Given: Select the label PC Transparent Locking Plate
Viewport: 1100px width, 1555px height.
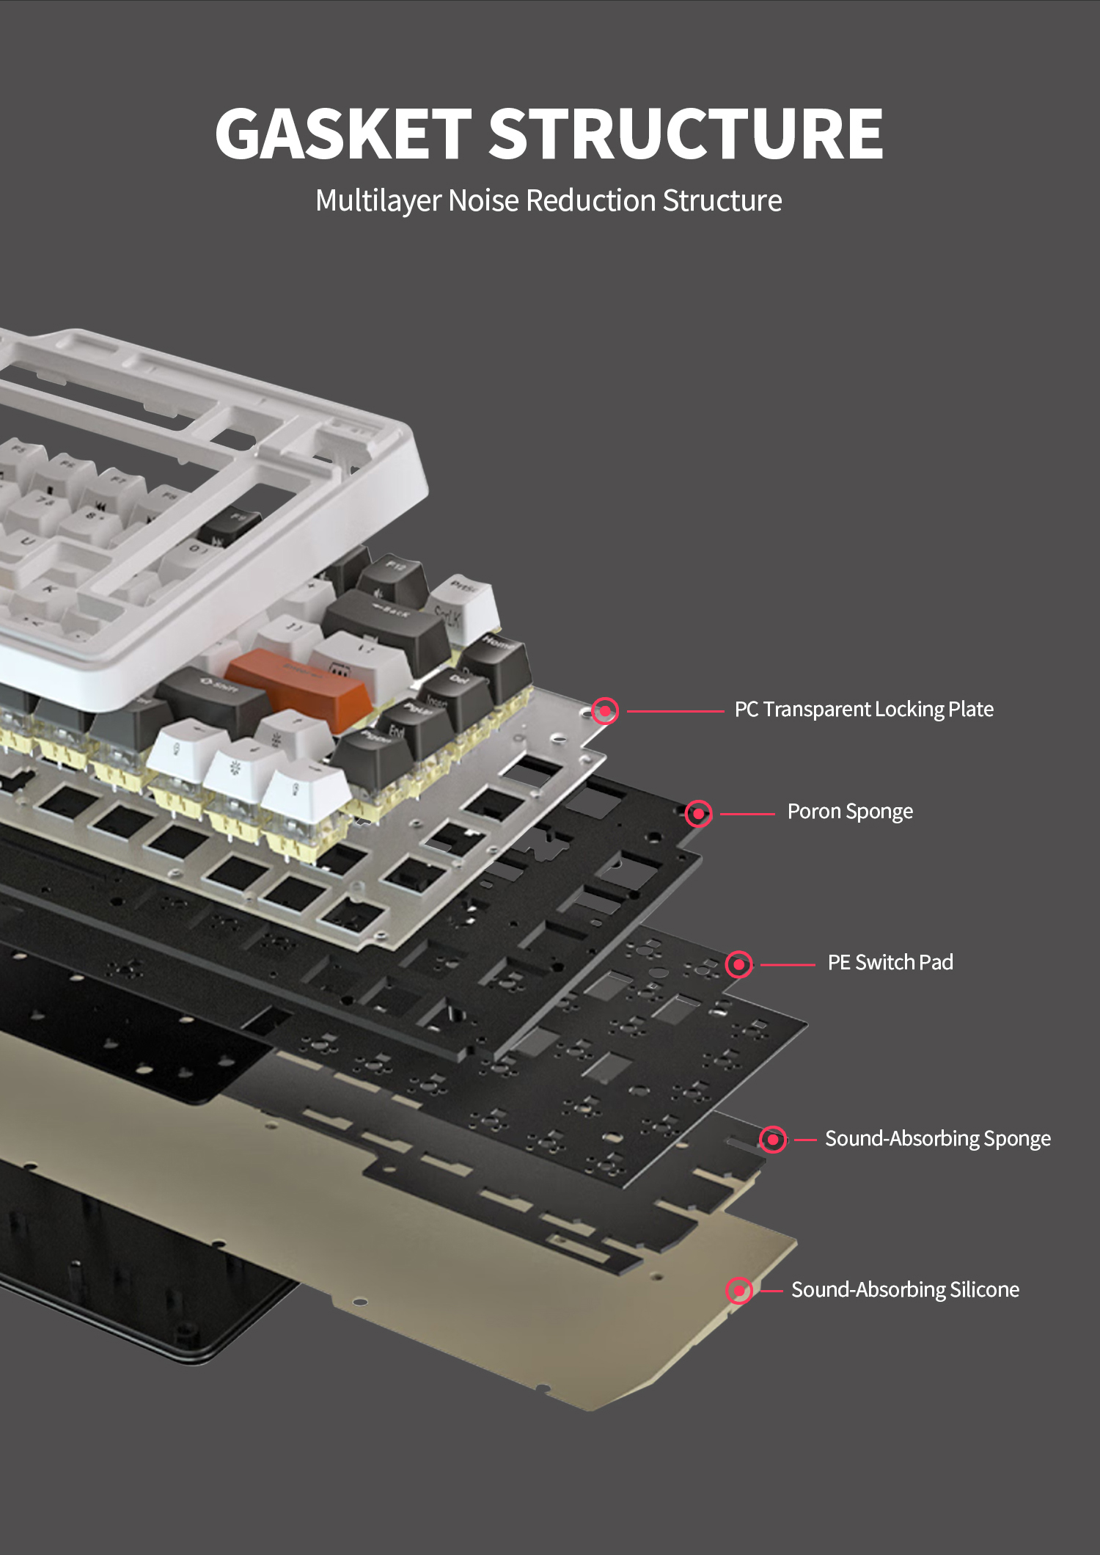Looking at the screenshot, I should click(863, 709).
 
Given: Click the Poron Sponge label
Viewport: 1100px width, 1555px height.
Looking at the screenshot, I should click(850, 811).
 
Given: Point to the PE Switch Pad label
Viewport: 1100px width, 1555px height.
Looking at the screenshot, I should click(890, 962).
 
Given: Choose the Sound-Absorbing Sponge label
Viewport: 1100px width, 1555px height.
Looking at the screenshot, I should click(937, 1138).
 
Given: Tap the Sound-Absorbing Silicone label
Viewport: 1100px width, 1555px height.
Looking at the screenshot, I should click(904, 1289).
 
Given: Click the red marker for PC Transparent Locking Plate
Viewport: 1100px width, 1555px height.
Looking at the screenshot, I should click(605, 710).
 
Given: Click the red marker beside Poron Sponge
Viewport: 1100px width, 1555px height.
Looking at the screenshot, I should click(698, 813).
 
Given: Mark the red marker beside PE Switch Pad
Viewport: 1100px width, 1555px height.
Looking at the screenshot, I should click(739, 964).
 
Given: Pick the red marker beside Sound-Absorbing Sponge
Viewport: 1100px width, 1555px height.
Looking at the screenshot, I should click(772, 1140).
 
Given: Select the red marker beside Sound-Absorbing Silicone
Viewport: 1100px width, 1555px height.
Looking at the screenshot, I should click(739, 1291).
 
